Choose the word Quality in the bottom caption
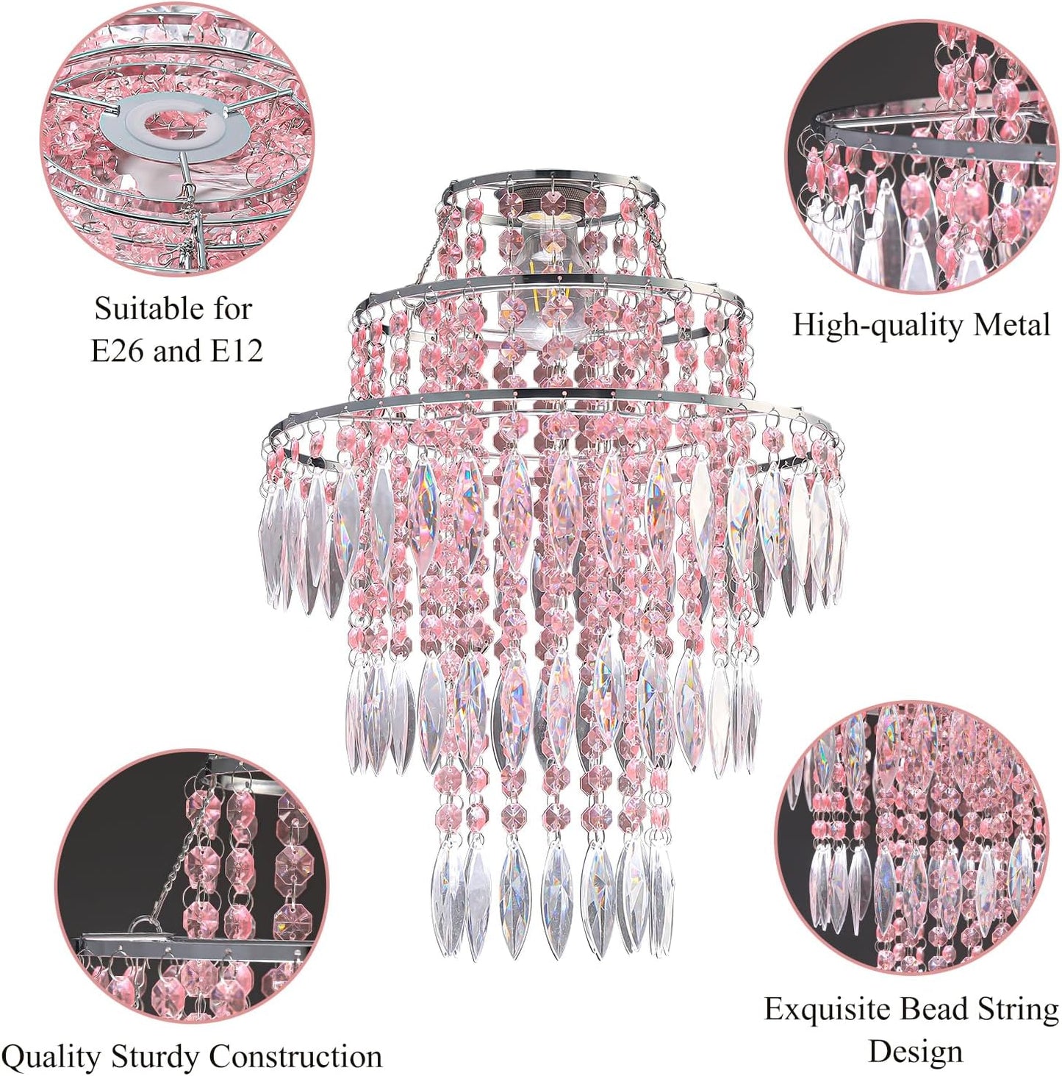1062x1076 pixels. pos(56,1041)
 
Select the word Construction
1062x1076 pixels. pos(295,1040)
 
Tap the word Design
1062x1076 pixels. pos(915,1036)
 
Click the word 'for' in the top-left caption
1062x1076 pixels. pos(233,309)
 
